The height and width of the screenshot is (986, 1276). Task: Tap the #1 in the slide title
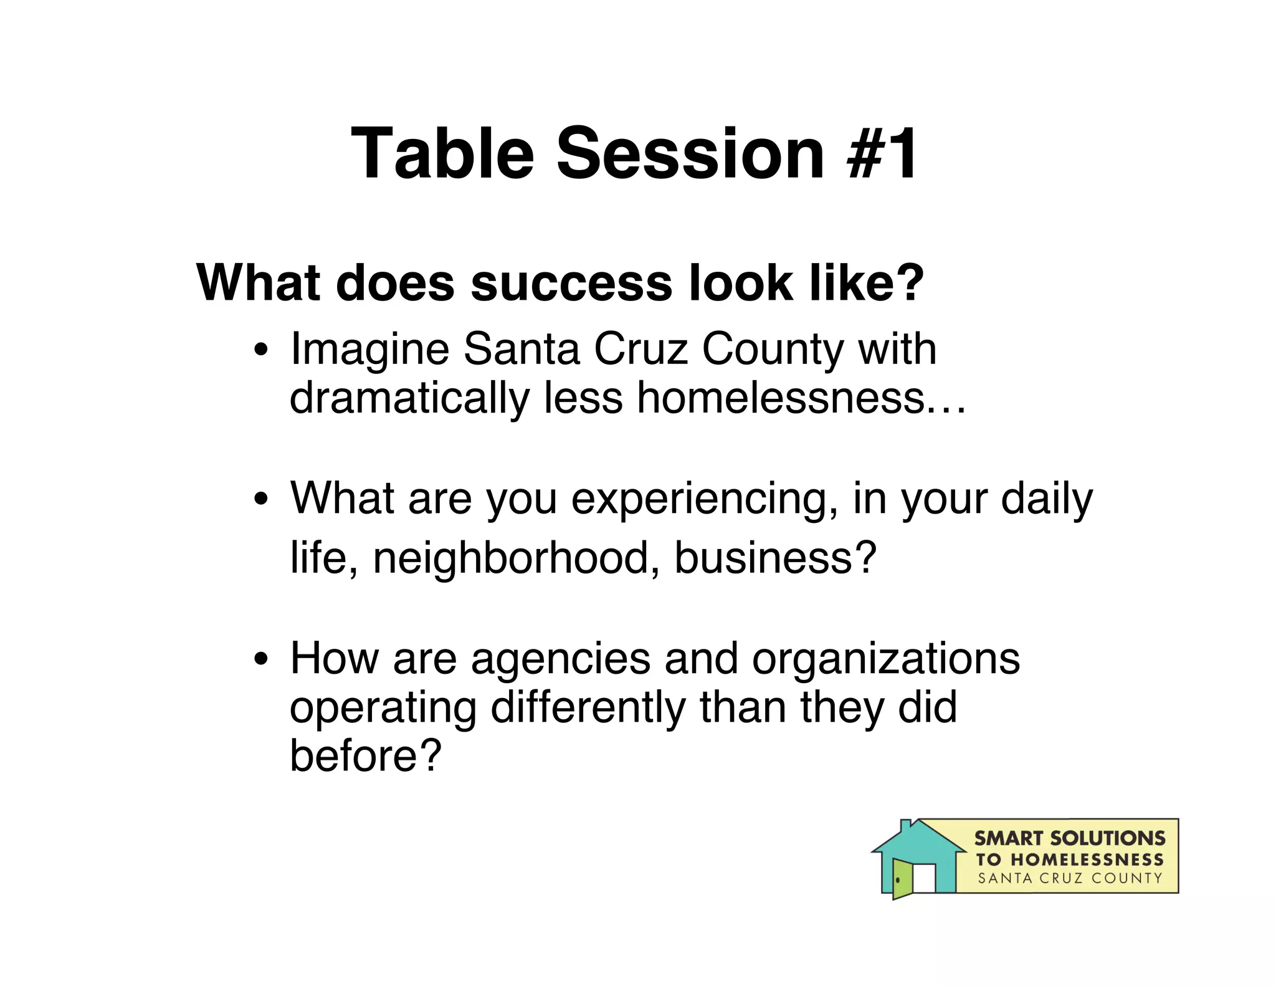(x=882, y=153)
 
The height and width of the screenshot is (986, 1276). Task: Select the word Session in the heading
(x=690, y=153)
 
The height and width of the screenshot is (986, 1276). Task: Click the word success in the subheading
(x=571, y=284)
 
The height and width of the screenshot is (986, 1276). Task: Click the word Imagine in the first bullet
(x=369, y=350)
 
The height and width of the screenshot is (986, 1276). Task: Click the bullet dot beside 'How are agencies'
(x=261, y=659)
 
